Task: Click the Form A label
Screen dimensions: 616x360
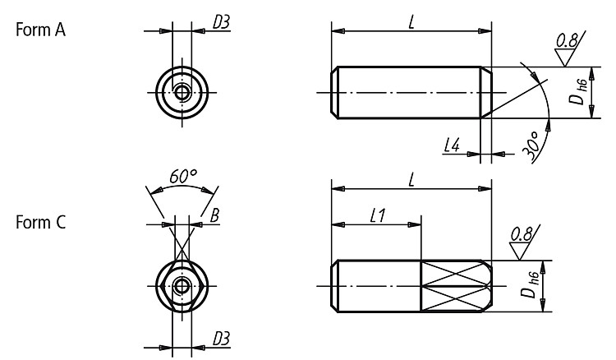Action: click(40, 30)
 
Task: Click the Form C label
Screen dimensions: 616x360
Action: click(40, 223)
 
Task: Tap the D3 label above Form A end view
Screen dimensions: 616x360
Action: click(221, 22)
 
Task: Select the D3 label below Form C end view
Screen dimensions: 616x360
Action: click(221, 339)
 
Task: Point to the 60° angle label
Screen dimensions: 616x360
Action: click(183, 177)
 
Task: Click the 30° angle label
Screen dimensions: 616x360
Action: click(531, 146)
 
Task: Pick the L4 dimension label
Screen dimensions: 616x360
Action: click(452, 145)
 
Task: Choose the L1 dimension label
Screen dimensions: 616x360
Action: click(378, 215)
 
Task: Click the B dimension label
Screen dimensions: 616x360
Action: click(214, 215)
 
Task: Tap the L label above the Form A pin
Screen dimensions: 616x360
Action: click(411, 22)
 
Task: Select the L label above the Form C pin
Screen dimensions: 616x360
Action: click(411, 180)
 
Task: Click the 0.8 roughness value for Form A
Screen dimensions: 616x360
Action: click(568, 40)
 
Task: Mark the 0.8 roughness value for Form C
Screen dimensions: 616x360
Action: click(522, 234)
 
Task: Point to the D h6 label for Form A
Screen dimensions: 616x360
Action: click(578, 92)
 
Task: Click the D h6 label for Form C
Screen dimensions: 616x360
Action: click(531, 285)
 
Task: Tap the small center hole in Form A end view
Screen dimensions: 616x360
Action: click(182, 93)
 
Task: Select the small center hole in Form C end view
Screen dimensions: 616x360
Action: click(182, 286)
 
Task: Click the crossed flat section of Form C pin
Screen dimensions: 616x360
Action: click(456, 286)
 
